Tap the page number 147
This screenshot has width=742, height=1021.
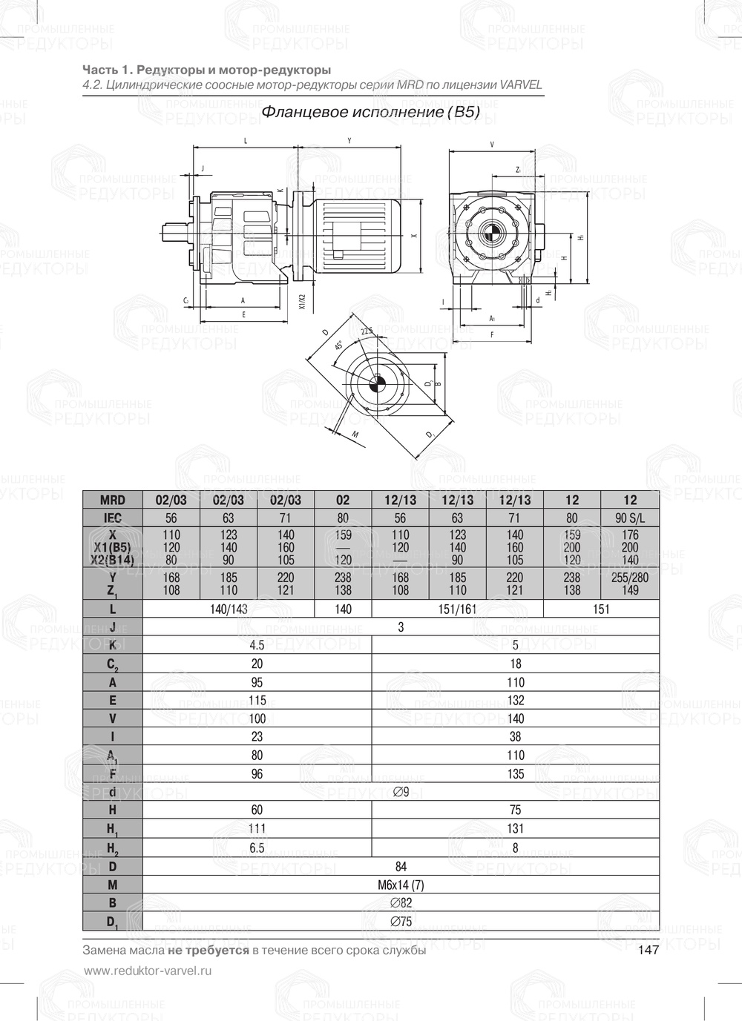(648, 951)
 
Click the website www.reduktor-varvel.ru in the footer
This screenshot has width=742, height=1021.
(148, 971)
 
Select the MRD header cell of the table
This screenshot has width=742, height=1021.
(112, 500)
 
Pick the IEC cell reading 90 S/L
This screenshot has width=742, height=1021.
(630, 518)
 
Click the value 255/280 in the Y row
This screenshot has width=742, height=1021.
(630, 577)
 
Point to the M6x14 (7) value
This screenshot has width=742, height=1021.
(401, 885)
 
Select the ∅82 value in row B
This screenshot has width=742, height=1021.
(401, 903)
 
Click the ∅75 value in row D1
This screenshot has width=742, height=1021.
(401, 922)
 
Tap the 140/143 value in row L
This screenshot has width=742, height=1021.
(229, 609)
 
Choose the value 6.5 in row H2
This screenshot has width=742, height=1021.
(257, 847)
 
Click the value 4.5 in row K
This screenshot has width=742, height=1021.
(257, 645)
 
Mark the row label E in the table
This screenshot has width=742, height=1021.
(112, 700)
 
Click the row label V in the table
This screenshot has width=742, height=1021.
(112, 718)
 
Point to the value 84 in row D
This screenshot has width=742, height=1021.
(401, 866)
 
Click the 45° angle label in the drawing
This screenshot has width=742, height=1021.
(339, 346)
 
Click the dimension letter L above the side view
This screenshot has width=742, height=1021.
(246, 140)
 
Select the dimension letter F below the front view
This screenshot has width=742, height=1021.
(492, 335)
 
